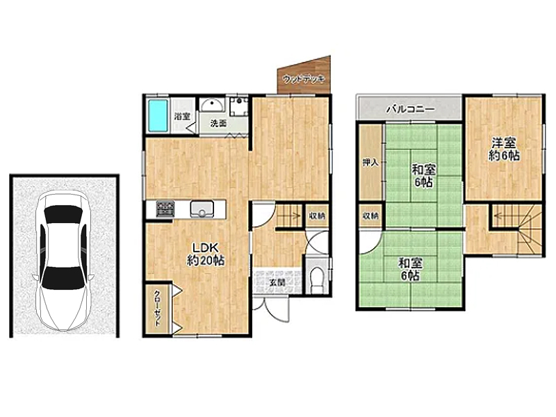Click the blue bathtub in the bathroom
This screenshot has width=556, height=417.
pyautogui.click(x=158, y=115)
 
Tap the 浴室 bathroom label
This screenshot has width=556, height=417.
pyautogui.click(x=182, y=116)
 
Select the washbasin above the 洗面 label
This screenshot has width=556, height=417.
pyautogui.click(x=212, y=106)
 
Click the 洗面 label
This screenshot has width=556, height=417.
pyautogui.click(x=218, y=124)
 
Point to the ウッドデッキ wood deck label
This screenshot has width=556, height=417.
pyautogui.click(x=304, y=79)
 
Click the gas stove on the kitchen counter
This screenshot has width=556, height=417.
pyautogui.click(x=165, y=208)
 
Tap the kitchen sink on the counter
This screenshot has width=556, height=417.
pyautogui.click(x=202, y=209)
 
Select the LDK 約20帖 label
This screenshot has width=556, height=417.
pyautogui.click(x=205, y=254)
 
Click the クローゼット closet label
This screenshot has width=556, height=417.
pyautogui.click(x=156, y=308)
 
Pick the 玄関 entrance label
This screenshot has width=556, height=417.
pyautogui.click(x=277, y=283)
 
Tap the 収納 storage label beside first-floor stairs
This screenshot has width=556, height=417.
pyautogui.click(x=317, y=215)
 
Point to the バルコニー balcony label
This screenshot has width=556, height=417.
pyautogui.click(x=410, y=109)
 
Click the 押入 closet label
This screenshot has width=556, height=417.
pyautogui.click(x=370, y=163)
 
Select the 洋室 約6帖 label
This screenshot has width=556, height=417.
pyautogui.click(x=503, y=149)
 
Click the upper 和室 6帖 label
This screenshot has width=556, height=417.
pyautogui.click(x=424, y=176)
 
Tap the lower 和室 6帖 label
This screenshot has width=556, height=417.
pyautogui.click(x=411, y=269)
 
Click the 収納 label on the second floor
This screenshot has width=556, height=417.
pyautogui.click(x=370, y=215)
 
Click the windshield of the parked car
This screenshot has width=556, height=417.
pyautogui.click(x=63, y=215)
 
